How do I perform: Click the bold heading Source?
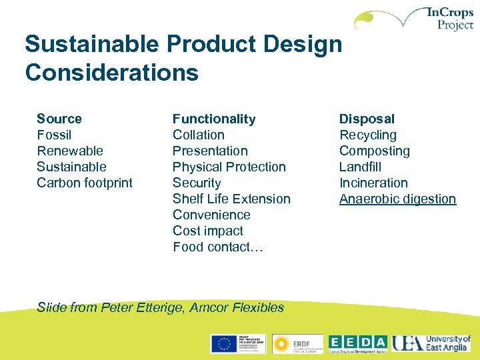pyautogui.click(x=59, y=119)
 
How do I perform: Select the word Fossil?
pyautogui.click(x=54, y=135)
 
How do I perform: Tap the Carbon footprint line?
pyautogui.click(x=85, y=183)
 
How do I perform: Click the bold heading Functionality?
pyautogui.click(x=214, y=119)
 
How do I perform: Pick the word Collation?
pyautogui.click(x=199, y=135)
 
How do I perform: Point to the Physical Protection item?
pyautogui.click(x=229, y=167)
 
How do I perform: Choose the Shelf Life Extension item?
pyautogui.click(x=231, y=199)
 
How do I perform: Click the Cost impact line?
pyautogui.click(x=208, y=231)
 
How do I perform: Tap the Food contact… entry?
pyautogui.click(x=219, y=247)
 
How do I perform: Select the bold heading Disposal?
pyautogui.click(x=367, y=119)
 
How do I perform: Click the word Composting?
pyautogui.click(x=375, y=151)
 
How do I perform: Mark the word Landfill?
pyautogui.click(x=360, y=167)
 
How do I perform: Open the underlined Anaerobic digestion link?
pyautogui.click(x=397, y=199)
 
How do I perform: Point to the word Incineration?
pyautogui.click(x=373, y=183)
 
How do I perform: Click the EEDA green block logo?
pyautogui.click(x=357, y=343)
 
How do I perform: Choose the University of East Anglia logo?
pyautogui.click(x=431, y=343)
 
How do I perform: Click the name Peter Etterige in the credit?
pyautogui.click(x=143, y=307)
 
